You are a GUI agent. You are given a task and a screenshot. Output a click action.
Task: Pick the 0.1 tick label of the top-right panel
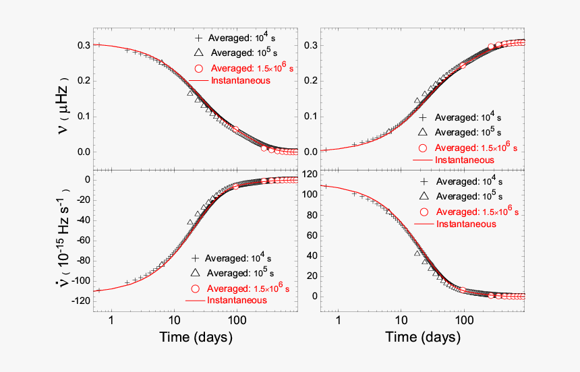pyautogui.click(x=310, y=116)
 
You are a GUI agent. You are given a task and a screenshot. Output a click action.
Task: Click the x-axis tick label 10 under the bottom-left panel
pyautogui.click(x=173, y=319)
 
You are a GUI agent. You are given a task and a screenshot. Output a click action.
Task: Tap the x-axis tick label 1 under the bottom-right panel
pyautogui.click(x=338, y=319)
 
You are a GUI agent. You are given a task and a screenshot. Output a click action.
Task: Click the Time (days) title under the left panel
pyautogui.click(x=196, y=336)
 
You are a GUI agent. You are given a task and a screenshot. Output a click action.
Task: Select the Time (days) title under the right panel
pyautogui.click(x=424, y=336)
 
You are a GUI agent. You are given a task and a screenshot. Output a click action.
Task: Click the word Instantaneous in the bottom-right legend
pyautogui.click(x=466, y=224)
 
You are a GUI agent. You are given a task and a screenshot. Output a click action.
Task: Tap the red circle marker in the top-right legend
pyautogui.click(x=423, y=148)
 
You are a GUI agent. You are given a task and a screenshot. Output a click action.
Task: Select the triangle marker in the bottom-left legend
pyautogui.click(x=195, y=273)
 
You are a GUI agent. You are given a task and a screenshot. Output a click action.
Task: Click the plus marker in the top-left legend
pyautogui.click(x=198, y=38)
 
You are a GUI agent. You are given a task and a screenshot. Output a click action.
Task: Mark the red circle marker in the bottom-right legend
pyautogui.click(x=424, y=211)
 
